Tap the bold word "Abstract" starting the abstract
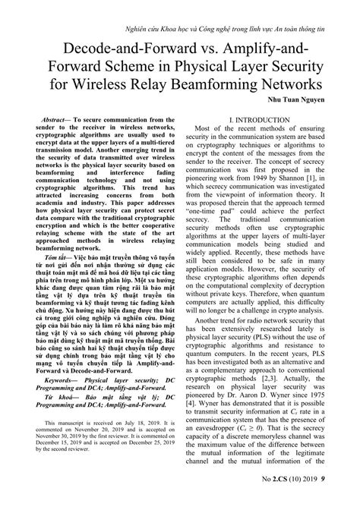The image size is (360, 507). coord(58,120)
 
